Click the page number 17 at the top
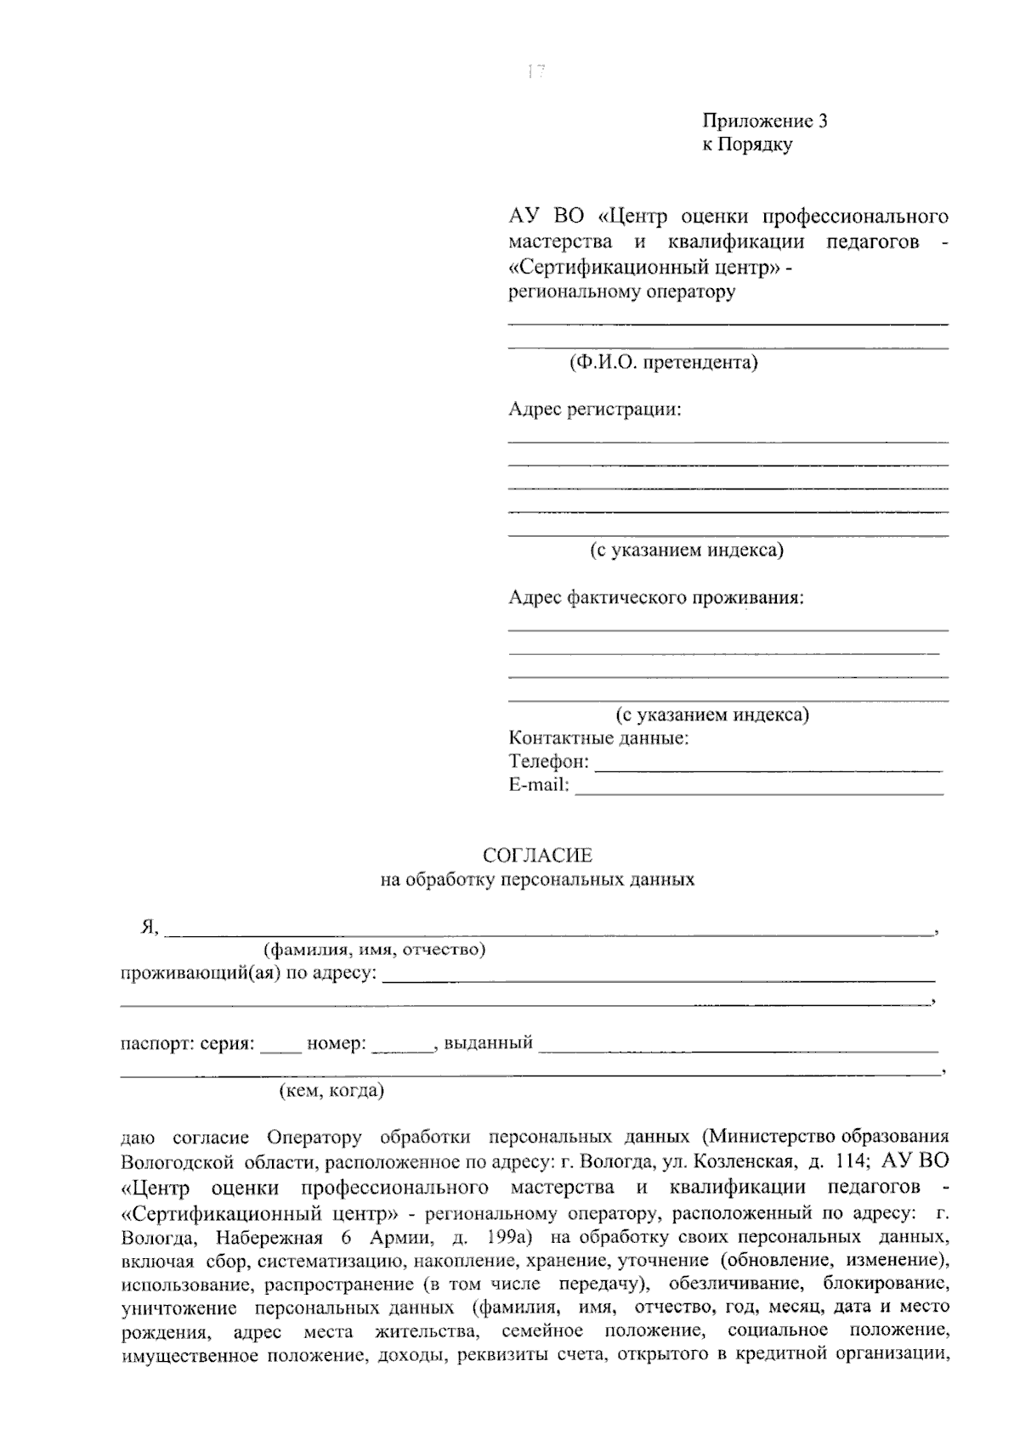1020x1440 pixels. tap(535, 72)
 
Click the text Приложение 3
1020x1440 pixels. tap(764, 121)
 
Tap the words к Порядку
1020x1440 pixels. tap(746, 144)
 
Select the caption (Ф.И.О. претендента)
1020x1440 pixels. tap(663, 364)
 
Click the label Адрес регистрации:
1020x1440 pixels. tap(595, 410)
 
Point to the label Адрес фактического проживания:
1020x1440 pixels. tap(656, 598)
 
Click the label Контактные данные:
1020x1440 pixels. tap(598, 738)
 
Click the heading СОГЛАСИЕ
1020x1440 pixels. tap(537, 856)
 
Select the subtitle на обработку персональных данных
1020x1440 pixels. tap(537, 880)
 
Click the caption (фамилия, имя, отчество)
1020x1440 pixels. tap(375, 950)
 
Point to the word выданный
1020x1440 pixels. tap(489, 1043)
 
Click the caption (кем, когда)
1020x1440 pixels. tap(332, 1091)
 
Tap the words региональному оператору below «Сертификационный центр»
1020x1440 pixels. tap(621, 293)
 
